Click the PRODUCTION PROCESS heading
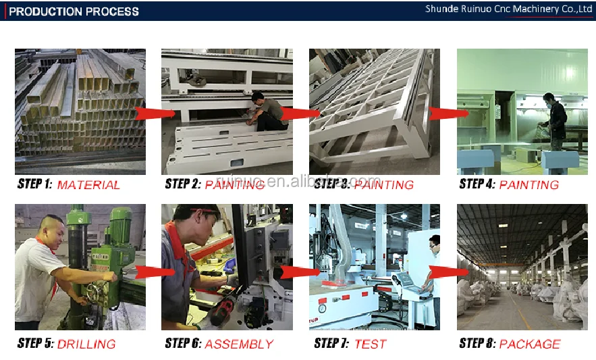click(x=74, y=11)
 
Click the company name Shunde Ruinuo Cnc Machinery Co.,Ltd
click(x=508, y=9)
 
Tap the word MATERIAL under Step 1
click(x=88, y=185)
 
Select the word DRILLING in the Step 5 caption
click(x=86, y=344)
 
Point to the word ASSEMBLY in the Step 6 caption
click(x=239, y=344)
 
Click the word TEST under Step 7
click(x=370, y=344)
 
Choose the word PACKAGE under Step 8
click(x=529, y=344)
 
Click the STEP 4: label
click(x=477, y=184)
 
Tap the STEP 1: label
click(x=34, y=184)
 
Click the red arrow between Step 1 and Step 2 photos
click(x=155, y=113)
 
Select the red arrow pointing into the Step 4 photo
click(x=449, y=113)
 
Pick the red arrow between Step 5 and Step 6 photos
click(x=155, y=272)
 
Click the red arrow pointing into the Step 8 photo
click(x=449, y=272)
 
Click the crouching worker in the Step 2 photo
click(x=266, y=111)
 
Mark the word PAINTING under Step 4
click(x=529, y=185)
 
